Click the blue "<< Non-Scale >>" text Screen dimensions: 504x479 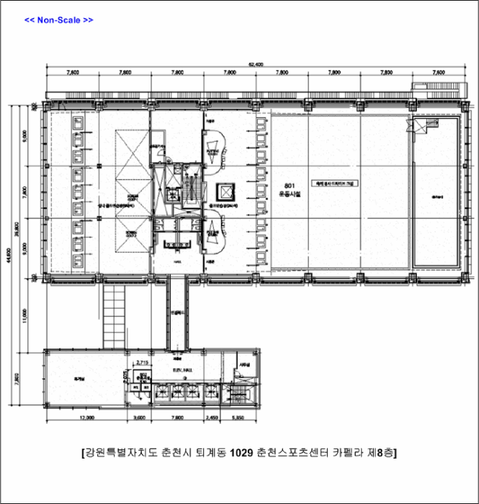59,19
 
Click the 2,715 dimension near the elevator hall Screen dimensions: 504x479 142,363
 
